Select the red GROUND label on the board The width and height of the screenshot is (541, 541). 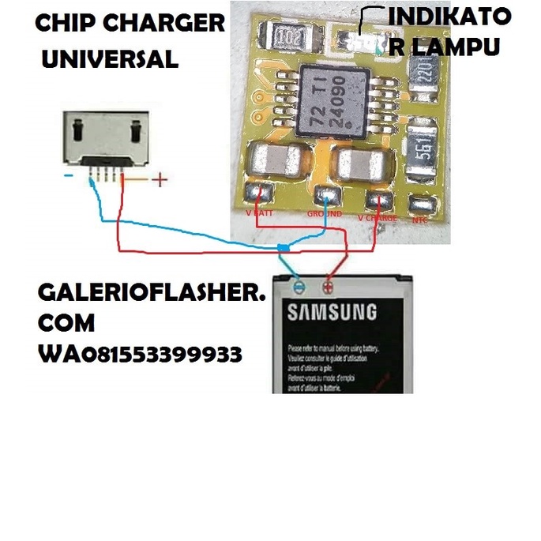point(324,213)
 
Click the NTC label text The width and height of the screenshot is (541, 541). point(420,220)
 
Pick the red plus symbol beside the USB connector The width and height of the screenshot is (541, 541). point(160,180)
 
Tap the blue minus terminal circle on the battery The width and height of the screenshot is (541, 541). point(298,286)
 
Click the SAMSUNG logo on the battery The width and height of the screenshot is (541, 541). point(332,312)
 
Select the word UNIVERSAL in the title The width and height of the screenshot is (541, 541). point(109,58)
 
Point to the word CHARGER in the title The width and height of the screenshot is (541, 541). point(165,23)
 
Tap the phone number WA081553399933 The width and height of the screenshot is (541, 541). point(140,354)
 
